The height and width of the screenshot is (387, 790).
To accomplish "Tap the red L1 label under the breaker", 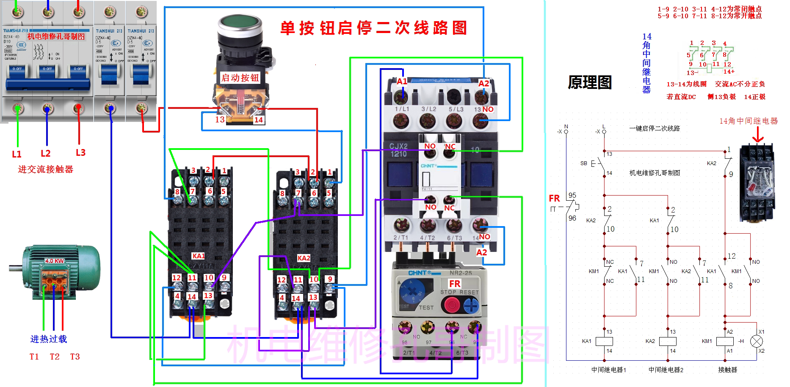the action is pos(17,154).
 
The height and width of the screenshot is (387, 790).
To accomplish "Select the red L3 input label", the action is pos(80,152).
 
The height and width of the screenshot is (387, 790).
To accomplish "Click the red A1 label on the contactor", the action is pos(402,81).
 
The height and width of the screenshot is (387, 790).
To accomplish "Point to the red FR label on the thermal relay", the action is pos(455,283).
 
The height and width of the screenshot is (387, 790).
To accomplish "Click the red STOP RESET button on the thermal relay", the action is pos(450,304).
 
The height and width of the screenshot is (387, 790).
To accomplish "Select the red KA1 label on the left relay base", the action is pos(198,256).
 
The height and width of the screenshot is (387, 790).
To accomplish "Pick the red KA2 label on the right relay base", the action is pos(304,258).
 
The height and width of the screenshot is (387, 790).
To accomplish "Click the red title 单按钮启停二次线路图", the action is pos(373,28).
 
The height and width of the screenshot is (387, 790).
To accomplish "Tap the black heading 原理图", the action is pos(590,82).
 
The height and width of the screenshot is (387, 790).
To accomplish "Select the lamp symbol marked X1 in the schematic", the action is pos(757,341).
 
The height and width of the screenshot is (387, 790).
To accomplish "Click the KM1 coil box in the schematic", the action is pos(725,341).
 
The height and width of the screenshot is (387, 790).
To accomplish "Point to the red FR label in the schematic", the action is pos(554,198).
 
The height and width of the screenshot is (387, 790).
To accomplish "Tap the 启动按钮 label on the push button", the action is pos(240,77).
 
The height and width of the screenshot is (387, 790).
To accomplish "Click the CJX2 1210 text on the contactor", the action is pos(398,150).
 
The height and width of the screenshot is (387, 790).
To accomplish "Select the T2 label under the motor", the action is pos(55,357).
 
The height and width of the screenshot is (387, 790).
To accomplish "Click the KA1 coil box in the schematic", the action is pos(604,341).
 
